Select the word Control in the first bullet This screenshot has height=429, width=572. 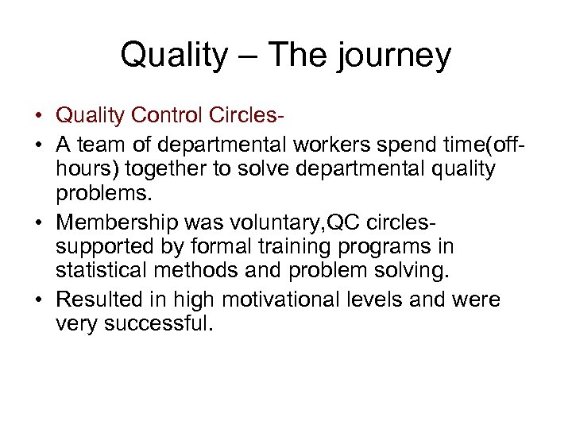click(158, 116)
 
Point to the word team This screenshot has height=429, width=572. click(99, 145)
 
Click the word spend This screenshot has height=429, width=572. click(398, 145)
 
